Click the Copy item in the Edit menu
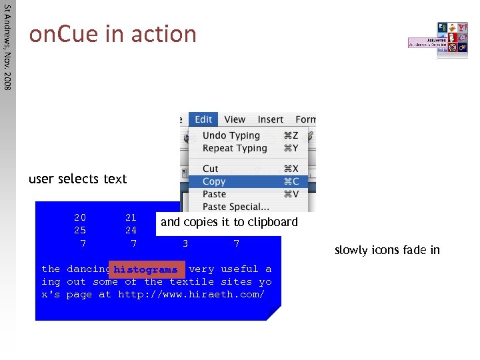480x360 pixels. click(215, 181)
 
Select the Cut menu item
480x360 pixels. click(211, 169)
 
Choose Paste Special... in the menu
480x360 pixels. click(235, 207)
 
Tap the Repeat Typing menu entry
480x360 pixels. click(235, 148)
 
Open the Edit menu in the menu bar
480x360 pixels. click(203, 119)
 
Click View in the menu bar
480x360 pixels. click(235, 119)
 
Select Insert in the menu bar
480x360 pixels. click(270, 119)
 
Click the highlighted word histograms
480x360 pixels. click(145, 270)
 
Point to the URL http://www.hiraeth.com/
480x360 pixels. click(191, 294)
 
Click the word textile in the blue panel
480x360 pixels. click(191, 282)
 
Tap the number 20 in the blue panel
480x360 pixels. click(80, 217)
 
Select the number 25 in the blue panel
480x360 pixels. click(80, 231)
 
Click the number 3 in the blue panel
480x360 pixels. click(185, 244)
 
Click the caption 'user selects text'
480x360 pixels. click(77, 179)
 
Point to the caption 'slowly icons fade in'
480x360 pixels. click(387, 251)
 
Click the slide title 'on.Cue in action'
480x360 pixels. click(112, 33)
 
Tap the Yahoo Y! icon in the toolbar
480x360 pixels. click(462, 27)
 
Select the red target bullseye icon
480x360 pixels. click(451, 48)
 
